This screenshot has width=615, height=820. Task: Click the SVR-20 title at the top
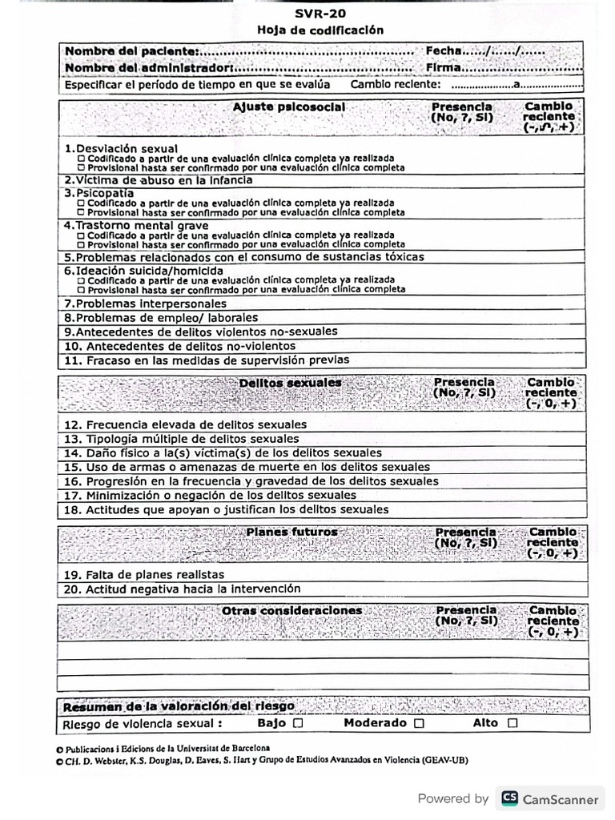pos(320,14)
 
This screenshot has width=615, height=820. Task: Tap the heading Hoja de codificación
pos(320,30)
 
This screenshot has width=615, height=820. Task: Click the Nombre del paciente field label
pos(133,51)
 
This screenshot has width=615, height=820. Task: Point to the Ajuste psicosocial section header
pos(289,107)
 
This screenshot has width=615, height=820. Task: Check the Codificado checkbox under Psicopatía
pos(81,203)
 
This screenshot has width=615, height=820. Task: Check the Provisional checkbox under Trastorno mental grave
pos(81,245)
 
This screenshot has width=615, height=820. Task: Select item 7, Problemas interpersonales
pos(145,303)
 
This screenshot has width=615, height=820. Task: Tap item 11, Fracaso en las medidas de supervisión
pos(207,360)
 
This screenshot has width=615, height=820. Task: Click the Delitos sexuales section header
pos(290,384)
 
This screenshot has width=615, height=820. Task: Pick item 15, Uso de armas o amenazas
pos(247,467)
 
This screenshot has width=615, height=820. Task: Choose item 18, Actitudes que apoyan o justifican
pos(226,509)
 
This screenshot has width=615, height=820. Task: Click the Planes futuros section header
pos(291,532)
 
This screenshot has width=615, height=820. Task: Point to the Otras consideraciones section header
pos(291,610)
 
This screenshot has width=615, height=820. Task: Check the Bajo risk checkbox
pos(298,723)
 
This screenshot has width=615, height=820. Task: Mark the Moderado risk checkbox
pos(418,723)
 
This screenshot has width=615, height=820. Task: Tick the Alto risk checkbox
pos(512,723)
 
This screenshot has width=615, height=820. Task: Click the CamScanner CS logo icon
pos(508,798)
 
